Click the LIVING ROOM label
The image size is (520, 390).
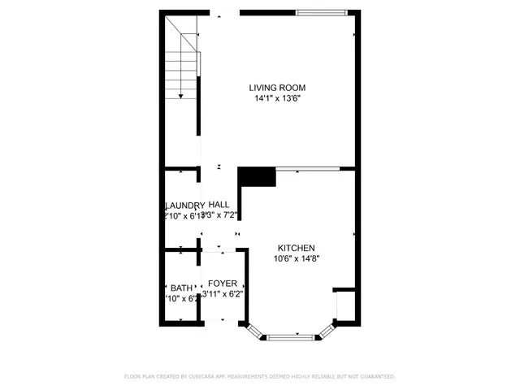click(277, 88)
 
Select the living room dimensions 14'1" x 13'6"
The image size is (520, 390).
click(277, 98)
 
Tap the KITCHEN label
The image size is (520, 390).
click(297, 249)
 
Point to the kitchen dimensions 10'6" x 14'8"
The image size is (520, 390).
click(297, 259)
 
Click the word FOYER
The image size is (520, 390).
click(223, 284)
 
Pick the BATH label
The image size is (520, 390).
click(181, 288)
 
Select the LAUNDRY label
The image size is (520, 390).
click(184, 206)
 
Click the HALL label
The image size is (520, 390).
click(219, 205)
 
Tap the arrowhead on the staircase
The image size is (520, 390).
click(180, 97)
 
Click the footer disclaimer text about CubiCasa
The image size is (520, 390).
click(259, 376)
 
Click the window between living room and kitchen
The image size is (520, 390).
click(307, 169)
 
